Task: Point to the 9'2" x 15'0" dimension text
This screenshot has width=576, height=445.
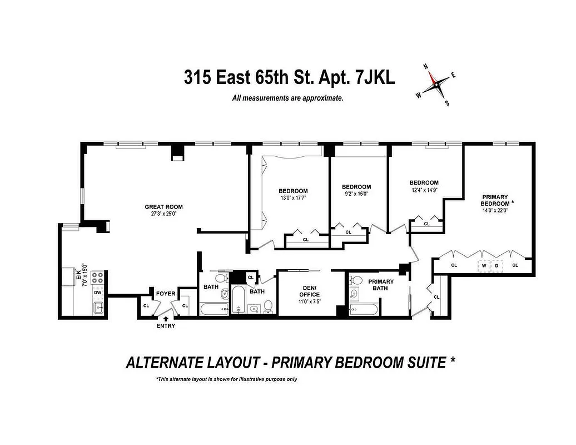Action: (356, 194)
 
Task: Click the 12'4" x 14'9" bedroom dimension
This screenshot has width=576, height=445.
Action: (424, 190)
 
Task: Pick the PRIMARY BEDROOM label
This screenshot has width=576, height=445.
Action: (495, 200)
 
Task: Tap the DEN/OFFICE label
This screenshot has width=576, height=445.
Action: (309, 291)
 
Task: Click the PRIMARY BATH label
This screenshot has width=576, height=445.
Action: (381, 285)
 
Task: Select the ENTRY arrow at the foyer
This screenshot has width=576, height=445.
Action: (166, 318)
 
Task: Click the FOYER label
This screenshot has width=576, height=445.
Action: (165, 293)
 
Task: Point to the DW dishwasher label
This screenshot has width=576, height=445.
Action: (98, 292)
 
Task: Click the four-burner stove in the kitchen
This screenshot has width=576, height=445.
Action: (98, 278)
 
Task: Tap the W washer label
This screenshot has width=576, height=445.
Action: (484, 265)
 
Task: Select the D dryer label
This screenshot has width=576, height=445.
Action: (496, 265)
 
